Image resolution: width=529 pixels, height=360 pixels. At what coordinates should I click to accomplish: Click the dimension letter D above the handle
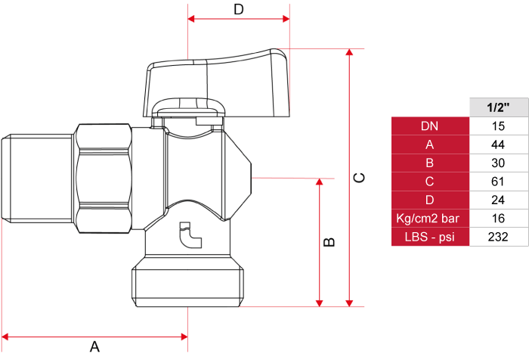(x=239, y=9)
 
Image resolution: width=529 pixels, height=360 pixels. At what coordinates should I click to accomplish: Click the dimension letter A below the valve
(x=94, y=347)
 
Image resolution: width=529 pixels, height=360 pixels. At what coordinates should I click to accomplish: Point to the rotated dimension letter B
(x=329, y=242)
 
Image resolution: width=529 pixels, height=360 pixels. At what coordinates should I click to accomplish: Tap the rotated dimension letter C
(x=359, y=178)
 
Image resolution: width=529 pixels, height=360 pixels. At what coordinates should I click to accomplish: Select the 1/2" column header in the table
(x=499, y=107)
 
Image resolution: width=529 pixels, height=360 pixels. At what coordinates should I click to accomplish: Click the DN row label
(x=430, y=126)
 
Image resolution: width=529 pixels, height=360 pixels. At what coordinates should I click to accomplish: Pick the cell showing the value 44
(x=499, y=144)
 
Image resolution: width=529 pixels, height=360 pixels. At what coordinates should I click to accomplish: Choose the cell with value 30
(x=499, y=163)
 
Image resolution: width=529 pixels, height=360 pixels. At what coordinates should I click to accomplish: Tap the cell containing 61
(x=499, y=182)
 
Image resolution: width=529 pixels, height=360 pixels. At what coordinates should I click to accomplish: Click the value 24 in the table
(x=498, y=200)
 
